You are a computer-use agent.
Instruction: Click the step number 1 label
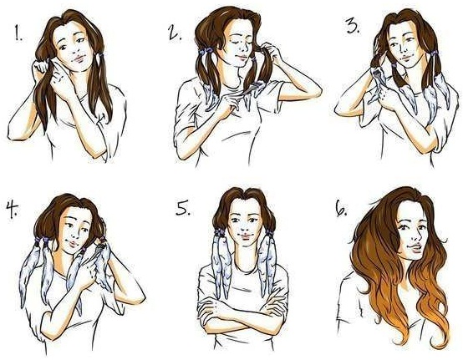pos(18,33)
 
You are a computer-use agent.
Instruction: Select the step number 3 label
pos(353,27)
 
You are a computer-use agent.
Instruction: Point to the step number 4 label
pos(12,210)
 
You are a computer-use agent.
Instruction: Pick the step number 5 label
pos(183,207)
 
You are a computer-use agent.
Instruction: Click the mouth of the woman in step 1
pos(79,58)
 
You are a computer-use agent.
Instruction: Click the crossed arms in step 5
pos(242,312)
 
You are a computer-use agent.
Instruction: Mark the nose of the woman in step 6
pos(417,235)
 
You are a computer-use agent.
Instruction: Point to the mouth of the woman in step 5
pos(245,236)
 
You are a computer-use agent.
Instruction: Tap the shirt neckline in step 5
pos(245,270)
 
